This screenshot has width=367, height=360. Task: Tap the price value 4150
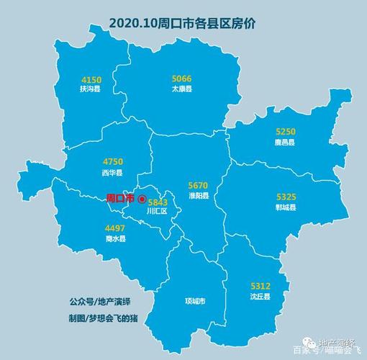(x=91, y=79)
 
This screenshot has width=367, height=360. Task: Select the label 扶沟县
(x=91, y=89)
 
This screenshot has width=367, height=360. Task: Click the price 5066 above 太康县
(x=181, y=78)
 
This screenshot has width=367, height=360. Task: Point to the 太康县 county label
(x=181, y=89)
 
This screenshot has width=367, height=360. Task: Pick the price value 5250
(x=286, y=132)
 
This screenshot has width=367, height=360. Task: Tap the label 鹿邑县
(x=286, y=143)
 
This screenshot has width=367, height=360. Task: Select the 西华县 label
(x=113, y=174)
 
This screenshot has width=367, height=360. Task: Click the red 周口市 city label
(x=120, y=198)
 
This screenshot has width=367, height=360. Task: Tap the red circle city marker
(x=142, y=199)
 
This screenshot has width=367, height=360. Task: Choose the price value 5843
(x=157, y=202)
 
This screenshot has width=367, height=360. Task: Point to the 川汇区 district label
(x=156, y=212)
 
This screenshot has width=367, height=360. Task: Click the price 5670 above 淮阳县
(x=198, y=184)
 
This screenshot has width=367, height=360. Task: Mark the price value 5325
(x=286, y=197)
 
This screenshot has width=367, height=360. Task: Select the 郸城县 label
(x=286, y=207)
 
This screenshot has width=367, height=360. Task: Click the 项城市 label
(x=195, y=301)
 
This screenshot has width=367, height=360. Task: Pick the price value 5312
(x=260, y=286)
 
